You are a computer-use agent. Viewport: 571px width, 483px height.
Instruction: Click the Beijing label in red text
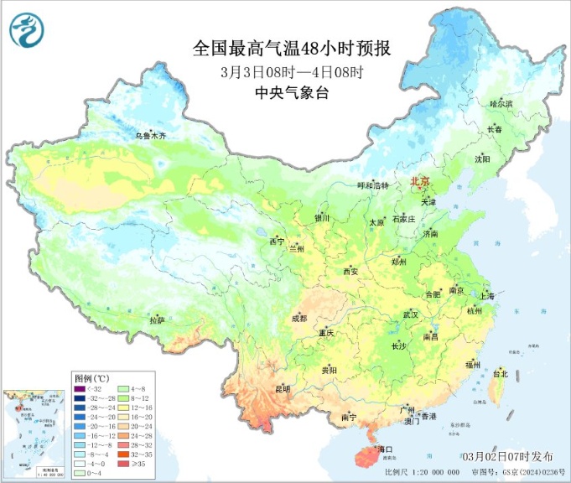(419, 181)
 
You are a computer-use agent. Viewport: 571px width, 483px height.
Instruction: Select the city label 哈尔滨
(501, 103)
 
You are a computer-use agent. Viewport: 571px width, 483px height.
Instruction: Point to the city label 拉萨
(157, 320)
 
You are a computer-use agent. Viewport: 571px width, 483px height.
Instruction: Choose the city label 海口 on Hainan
(385, 450)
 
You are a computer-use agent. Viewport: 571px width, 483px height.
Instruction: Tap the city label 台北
(501, 373)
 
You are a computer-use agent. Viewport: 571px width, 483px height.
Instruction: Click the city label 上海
(485, 296)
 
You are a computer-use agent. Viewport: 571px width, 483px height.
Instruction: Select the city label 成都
(298, 319)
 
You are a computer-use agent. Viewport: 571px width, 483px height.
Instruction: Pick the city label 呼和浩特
(373, 185)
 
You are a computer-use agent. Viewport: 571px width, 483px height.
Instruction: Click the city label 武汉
(410, 314)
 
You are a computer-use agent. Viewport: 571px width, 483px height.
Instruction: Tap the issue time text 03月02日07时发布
(507, 455)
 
